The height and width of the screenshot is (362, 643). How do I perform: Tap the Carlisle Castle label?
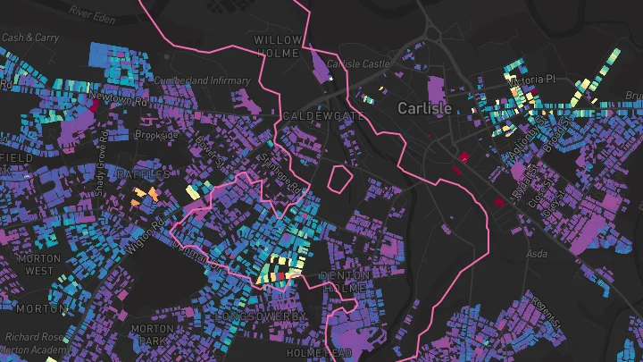coord(360,63)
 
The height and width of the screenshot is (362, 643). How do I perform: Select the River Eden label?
coord(96,13)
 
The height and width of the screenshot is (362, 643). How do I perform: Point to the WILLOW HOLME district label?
coord(279,46)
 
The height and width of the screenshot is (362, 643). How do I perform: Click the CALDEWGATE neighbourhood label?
coord(310,116)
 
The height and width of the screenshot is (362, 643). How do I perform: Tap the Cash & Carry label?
coord(30,38)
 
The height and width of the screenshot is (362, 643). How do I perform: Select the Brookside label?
coord(157,135)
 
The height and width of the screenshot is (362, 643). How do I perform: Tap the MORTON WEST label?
coord(39,264)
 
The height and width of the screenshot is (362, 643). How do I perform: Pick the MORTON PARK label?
coord(152,335)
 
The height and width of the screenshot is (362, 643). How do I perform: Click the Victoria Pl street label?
coord(552,80)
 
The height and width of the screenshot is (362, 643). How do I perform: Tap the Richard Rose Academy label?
coord(30,344)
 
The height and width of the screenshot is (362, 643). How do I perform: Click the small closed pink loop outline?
coord(339,178)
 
